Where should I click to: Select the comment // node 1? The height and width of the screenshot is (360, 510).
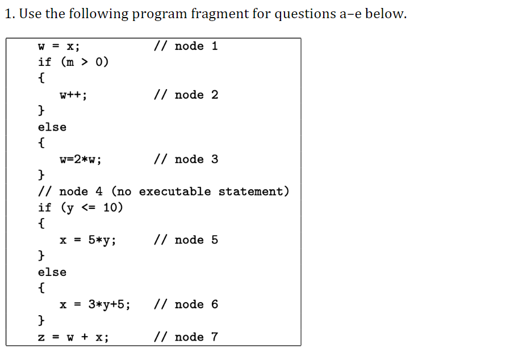185,46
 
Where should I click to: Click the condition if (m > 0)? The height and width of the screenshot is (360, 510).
73,62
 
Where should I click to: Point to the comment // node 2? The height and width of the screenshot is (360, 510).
185,95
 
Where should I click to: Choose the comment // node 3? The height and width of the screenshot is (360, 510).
185,160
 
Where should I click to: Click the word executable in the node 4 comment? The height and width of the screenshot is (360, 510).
175,191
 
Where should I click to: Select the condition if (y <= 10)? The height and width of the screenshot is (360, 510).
80,208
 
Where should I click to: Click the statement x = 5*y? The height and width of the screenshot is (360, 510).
88,240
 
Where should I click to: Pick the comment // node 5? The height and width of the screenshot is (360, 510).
185,240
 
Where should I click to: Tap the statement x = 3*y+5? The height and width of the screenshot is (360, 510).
95,305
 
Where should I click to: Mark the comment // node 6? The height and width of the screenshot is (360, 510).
185,305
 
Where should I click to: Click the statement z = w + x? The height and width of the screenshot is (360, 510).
73,337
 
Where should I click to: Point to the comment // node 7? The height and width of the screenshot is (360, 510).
185,337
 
